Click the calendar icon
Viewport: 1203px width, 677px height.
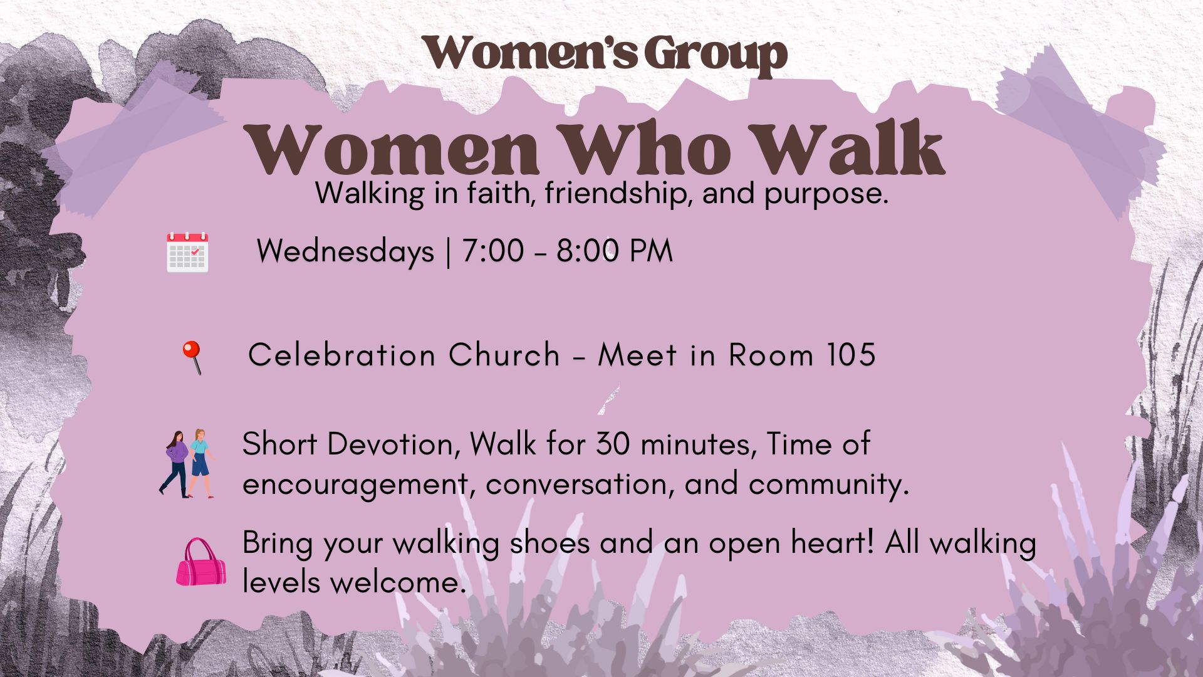(187, 252)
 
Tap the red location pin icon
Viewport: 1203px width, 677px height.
(192, 357)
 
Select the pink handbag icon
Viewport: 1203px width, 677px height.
(201, 562)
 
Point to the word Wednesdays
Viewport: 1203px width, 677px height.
(345, 252)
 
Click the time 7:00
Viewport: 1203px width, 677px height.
(492, 251)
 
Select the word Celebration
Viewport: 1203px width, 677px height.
(341, 355)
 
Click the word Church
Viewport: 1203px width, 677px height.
(504, 355)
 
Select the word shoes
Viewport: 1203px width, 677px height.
(549, 543)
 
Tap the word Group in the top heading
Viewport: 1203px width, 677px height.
(716, 54)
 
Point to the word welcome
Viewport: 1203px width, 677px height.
(398, 583)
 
